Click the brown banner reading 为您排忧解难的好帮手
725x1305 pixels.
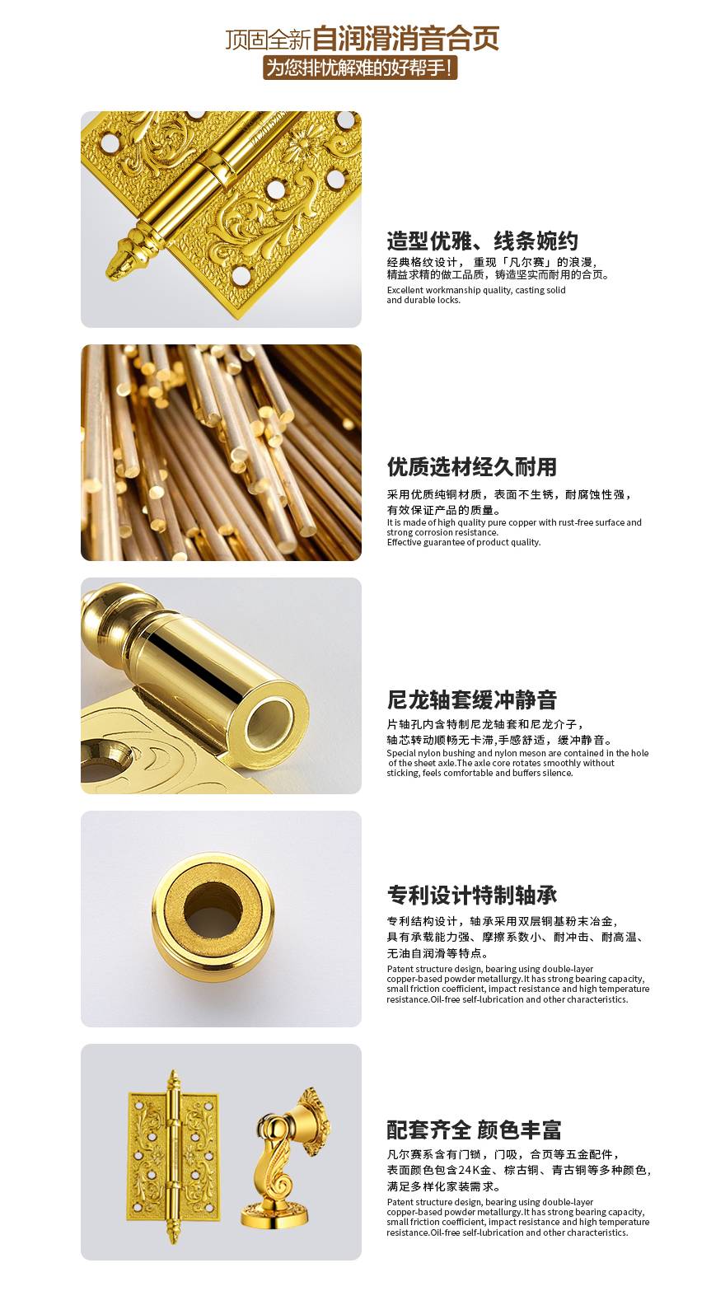point(360,68)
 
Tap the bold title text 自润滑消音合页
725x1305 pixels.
point(405,39)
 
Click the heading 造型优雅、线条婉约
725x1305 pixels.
point(482,241)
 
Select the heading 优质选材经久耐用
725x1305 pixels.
point(472,466)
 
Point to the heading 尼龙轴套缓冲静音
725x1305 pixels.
point(472,699)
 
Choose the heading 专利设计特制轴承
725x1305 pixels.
point(472,896)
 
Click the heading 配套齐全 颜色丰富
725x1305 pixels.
point(474,1130)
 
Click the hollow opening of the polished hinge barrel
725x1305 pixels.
point(270,724)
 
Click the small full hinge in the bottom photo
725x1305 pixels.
point(173,1157)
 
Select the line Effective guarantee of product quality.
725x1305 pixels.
point(463,542)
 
